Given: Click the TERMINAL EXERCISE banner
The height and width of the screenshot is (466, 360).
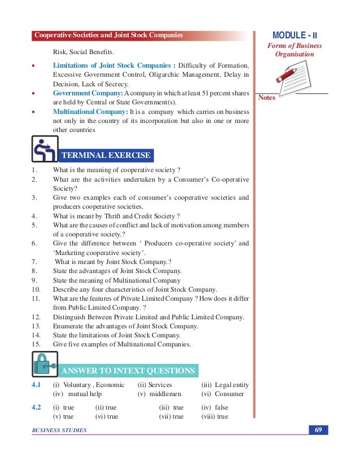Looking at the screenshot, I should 106,155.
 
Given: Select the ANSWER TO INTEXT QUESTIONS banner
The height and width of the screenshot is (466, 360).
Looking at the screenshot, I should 128,371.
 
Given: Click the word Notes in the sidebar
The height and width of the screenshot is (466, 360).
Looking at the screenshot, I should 267,98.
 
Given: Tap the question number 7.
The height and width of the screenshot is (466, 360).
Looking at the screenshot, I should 34,262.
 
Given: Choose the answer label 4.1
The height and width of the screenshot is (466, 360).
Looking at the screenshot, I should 37,385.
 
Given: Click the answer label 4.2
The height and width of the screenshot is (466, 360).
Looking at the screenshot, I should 37,407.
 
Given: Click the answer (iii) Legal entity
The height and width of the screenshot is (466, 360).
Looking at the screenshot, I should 225,385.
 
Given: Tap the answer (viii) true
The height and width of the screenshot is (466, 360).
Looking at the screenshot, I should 214,416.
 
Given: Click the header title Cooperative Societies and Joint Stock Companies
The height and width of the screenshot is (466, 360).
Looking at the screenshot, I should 108,36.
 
